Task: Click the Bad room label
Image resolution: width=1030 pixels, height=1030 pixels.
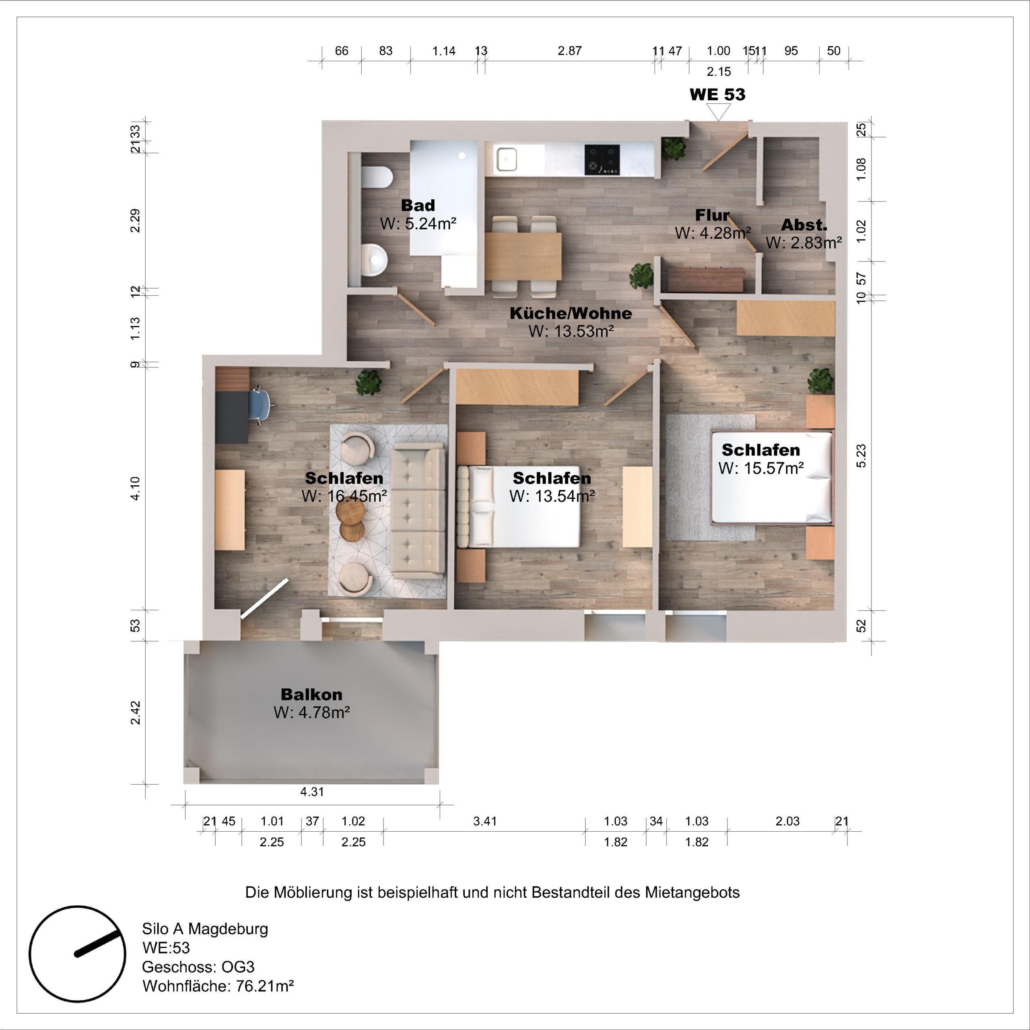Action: [x=418, y=205]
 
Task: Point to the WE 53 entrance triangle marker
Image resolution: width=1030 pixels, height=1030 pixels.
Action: [x=718, y=112]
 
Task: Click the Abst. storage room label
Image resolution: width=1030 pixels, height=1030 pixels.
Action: [x=804, y=225]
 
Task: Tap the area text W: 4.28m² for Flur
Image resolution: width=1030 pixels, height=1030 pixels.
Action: [x=713, y=233]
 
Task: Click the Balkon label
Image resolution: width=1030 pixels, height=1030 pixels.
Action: [x=311, y=694]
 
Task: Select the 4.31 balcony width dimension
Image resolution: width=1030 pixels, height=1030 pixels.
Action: [x=312, y=792]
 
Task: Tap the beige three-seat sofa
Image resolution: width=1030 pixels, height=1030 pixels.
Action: [x=418, y=511]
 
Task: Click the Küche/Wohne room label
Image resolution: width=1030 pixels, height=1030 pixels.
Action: [x=571, y=313]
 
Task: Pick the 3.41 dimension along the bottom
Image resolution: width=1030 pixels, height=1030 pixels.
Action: [x=484, y=821]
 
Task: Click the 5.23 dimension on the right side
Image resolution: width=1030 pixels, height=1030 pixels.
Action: [x=861, y=456]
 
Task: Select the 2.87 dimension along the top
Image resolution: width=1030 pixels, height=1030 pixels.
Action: [x=569, y=51]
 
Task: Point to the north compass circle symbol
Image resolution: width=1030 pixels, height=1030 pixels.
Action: [x=77, y=954]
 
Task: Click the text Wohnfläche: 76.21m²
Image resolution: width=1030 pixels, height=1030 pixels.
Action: [x=218, y=986]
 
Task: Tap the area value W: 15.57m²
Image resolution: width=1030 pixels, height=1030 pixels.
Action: [x=761, y=468]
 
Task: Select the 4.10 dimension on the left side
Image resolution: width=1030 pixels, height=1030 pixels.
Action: [x=136, y=488]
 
